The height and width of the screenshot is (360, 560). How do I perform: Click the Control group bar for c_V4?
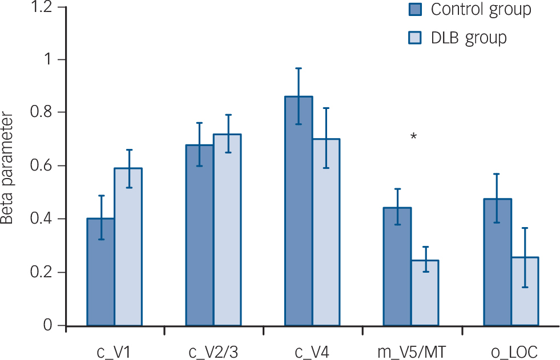(x=298, y=211)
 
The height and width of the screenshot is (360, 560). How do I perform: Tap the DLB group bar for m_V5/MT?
(x=425, y=293)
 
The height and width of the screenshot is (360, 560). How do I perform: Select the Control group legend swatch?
(x=414, y=10)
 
